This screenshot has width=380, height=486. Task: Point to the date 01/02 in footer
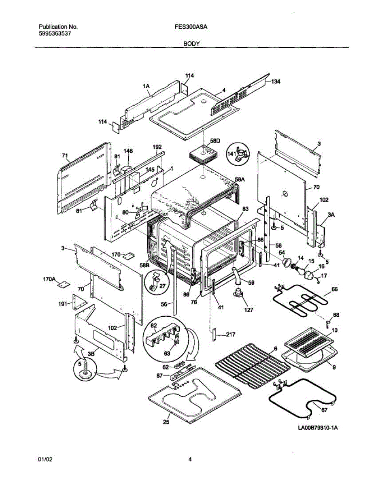click(x=45, y=459)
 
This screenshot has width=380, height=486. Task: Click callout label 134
click(x=275, y=81)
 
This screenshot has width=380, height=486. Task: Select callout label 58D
click(x=215, y=141)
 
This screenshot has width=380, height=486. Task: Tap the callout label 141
click(x=232, y=154)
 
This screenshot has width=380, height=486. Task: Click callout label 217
click(x=231, y=335)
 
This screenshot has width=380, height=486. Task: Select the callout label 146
click(x=128, y=151)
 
